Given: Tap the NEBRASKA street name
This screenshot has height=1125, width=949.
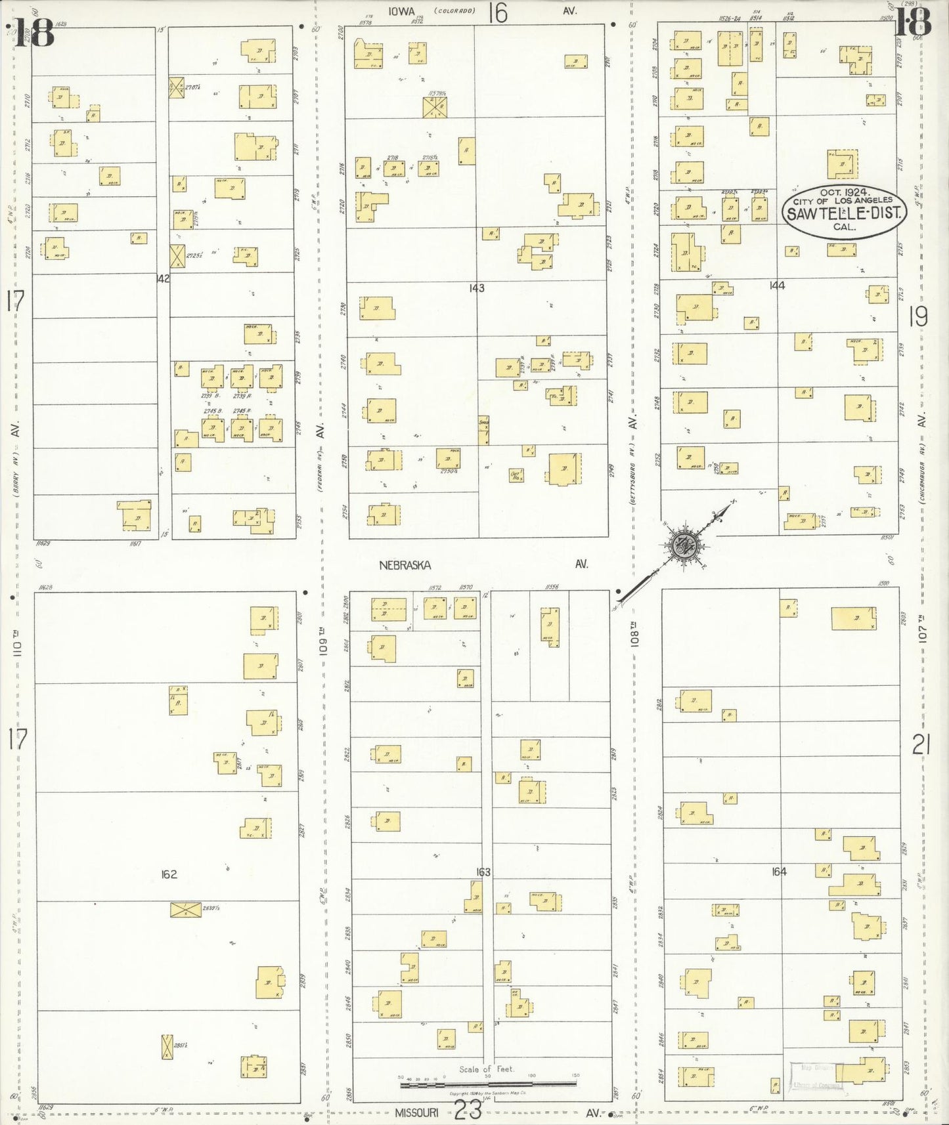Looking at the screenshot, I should (x=404, y=564).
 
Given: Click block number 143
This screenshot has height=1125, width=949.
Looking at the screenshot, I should (x=477, y=287).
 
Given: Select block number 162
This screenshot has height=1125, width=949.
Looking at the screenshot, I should (x=169, y=874).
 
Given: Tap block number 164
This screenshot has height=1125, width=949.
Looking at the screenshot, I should (x=779, y=872).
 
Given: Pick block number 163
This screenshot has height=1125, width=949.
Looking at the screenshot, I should (x=483, y=872).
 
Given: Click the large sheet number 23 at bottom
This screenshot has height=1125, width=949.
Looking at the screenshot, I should (x=468, y=1111).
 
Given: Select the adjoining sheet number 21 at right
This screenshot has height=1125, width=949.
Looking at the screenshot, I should (x=921, y=745).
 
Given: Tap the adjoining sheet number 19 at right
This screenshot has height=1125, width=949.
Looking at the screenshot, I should (x=917, y=318).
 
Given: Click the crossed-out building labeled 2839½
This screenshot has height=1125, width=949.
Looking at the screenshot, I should (x=186, y=910).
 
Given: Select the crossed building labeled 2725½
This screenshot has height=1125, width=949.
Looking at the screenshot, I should (x=177, y=255).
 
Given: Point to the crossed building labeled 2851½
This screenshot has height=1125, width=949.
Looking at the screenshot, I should (x=167, y=1046).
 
